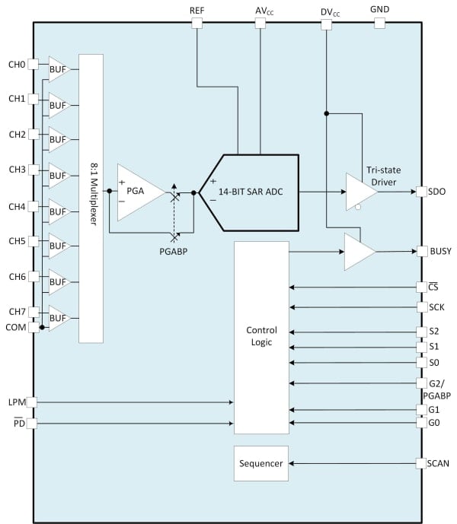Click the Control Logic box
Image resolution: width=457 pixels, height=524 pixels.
coord(261,337)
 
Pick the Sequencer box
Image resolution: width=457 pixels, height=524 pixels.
coord(261,464)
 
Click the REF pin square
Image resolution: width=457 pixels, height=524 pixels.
coord(197,24)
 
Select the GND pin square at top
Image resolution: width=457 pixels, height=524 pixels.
coord(379,24)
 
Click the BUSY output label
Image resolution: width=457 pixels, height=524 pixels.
coord(441,252)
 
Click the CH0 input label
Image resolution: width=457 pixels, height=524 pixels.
coord(16,65)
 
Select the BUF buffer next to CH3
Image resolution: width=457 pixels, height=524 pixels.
coord(59,175)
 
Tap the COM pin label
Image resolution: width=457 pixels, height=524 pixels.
coord(16,327)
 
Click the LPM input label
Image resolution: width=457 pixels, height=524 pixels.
coord(16,401)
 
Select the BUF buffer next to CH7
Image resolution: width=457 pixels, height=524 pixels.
coord(59,317)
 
